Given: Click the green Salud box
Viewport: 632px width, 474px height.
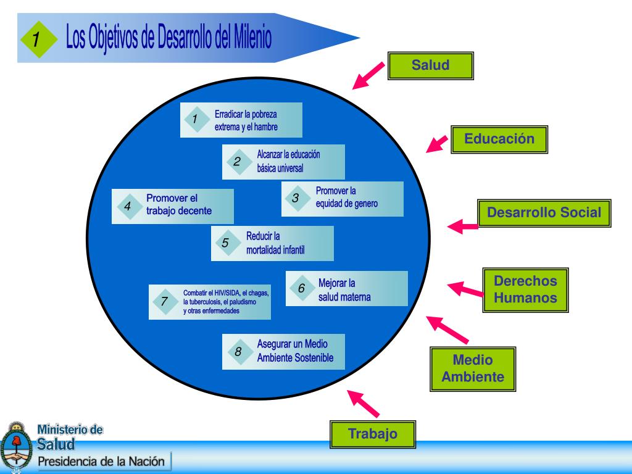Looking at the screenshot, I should pyautogui.click(x=430, y=65).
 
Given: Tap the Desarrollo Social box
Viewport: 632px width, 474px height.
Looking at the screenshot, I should pyautogui.click(x=544, y=213).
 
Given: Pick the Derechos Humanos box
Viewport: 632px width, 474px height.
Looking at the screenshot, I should pyautogui.click(x=525, y=289).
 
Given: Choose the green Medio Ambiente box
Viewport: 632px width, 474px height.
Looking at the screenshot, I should pyautogui.click(x=473, y=368).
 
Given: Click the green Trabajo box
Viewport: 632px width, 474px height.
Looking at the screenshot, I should pyautogui.click(x=373, y=434).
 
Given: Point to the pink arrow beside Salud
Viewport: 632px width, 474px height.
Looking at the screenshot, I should pyautogui.click(x=368, y=75).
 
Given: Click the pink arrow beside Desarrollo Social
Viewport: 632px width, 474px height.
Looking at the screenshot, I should pyautogui.click(x=462, y=227).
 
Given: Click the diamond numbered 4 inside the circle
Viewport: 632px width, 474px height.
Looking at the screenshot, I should pyautogui.click(x=128, y=206).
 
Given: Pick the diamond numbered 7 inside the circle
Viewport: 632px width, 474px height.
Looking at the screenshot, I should pyautogui.click(x=164, y=302).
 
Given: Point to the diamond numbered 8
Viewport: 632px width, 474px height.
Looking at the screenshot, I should pyautogui.click(x=238, y=352).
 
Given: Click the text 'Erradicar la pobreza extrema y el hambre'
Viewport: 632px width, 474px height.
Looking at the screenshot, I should pyautogui.click(x=246, y=120).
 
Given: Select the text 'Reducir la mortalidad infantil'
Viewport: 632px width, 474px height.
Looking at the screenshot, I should pyautogui.click(x=275, y=243).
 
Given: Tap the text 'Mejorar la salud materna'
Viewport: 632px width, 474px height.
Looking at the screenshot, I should pyautogui.click(x=344, y=290).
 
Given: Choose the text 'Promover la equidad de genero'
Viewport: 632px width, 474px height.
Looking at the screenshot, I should pyautogui.click(x=346, y=197).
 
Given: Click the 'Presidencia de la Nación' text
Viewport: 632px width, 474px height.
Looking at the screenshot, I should pyautogui.click(x=102, y=461).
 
